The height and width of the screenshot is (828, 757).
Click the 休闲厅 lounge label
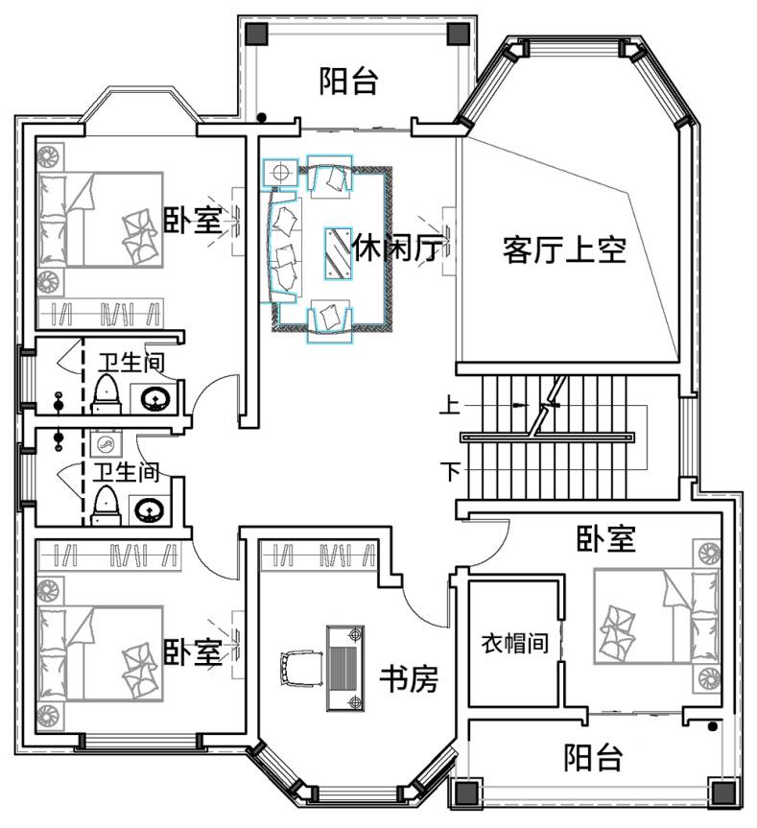click(397, 248)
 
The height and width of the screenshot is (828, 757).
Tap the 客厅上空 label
click(564, 249)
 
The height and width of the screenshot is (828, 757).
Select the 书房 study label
click(409, 678)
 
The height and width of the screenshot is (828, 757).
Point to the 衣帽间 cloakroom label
click(514, 643)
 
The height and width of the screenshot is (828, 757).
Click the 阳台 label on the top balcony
click(348, 81)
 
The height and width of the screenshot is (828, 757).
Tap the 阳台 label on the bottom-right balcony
click(593, 758)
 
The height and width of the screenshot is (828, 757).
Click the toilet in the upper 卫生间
click(107, 393)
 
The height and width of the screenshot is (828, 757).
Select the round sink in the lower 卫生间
click(151, 509)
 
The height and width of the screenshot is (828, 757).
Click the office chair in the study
click(301, 668)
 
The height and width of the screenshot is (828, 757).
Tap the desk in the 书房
click(345, 668)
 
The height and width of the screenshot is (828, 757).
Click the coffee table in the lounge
click(338, 253)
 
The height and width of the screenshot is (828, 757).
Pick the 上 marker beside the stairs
click(450, 405)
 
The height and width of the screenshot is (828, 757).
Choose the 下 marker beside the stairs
click(450, 470)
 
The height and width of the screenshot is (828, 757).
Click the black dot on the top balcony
click(261, 118)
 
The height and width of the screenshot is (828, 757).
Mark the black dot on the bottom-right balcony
click(712, 726)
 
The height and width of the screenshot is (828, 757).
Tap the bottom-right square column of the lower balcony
click(723, 793)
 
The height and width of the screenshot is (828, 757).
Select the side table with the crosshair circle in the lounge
click(280, 172)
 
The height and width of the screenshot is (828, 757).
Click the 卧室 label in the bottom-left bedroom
click(192, 651)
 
